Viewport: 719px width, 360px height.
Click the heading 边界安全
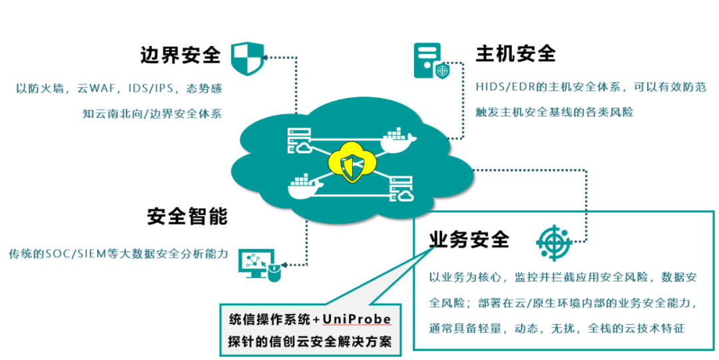[x=180, y=55]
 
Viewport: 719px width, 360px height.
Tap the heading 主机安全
[x=515, y=54]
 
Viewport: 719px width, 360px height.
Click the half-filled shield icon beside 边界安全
[x=246, y=58]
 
